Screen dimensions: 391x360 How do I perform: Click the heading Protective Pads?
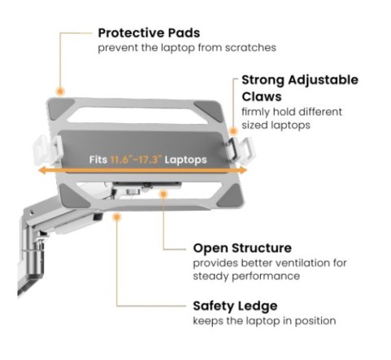click(149, 33)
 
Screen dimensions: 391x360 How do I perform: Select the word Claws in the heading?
click(261, 97)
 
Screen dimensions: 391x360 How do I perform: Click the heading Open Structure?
click(242, 248)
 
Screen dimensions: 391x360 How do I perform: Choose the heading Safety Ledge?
click(235, 306)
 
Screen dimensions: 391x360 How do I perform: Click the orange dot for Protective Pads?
click(60, 91)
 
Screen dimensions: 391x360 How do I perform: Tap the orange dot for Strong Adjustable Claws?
click(233, 131)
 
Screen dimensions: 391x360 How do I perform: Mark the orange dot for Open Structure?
click(164, 194)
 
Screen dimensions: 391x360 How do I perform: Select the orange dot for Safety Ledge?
click(116, 217)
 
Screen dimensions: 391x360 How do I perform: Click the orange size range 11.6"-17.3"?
click(136, 160)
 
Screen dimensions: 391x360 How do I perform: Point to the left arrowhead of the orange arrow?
click(42, 170)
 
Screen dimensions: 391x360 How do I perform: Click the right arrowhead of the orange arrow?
click(243, 170)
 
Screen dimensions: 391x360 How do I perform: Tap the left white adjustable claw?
click(46, 150)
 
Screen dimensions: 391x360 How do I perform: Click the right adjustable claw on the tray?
click(240, 150)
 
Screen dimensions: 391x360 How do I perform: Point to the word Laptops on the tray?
click(186, 160)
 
